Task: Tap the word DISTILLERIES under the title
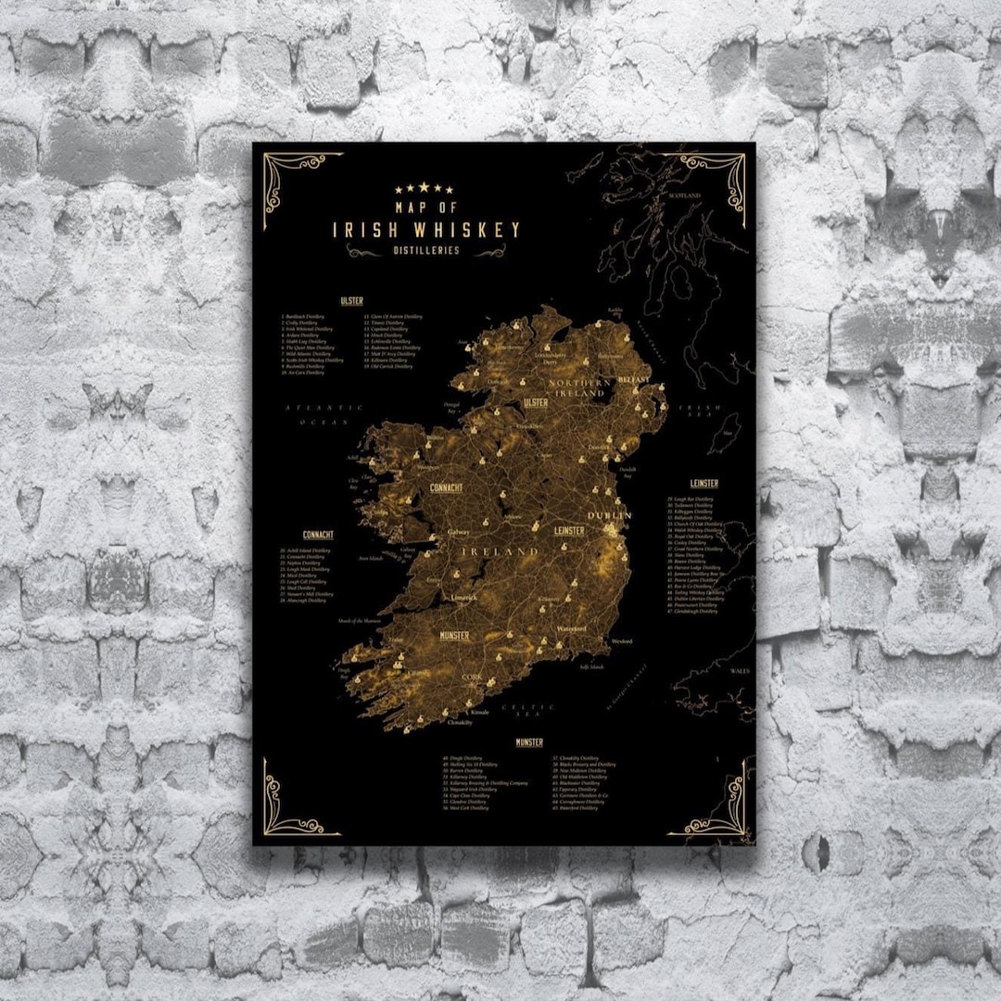(424, 250)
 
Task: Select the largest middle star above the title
(424, 188)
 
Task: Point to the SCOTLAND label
(684, 196)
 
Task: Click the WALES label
(740, 670)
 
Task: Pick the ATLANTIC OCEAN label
(311, 413)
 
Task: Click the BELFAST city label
(634, 380)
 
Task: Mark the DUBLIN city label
(609, 515)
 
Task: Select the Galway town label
(459, 533)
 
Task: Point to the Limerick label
(463, 598)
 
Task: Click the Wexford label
(621, 640)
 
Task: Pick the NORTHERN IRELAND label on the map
(580, 388)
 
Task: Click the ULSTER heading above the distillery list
(351, 301)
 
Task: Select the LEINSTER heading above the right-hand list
(703, 484)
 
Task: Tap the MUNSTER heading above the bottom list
(529, 742)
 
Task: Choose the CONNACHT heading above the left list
(318, 535)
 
